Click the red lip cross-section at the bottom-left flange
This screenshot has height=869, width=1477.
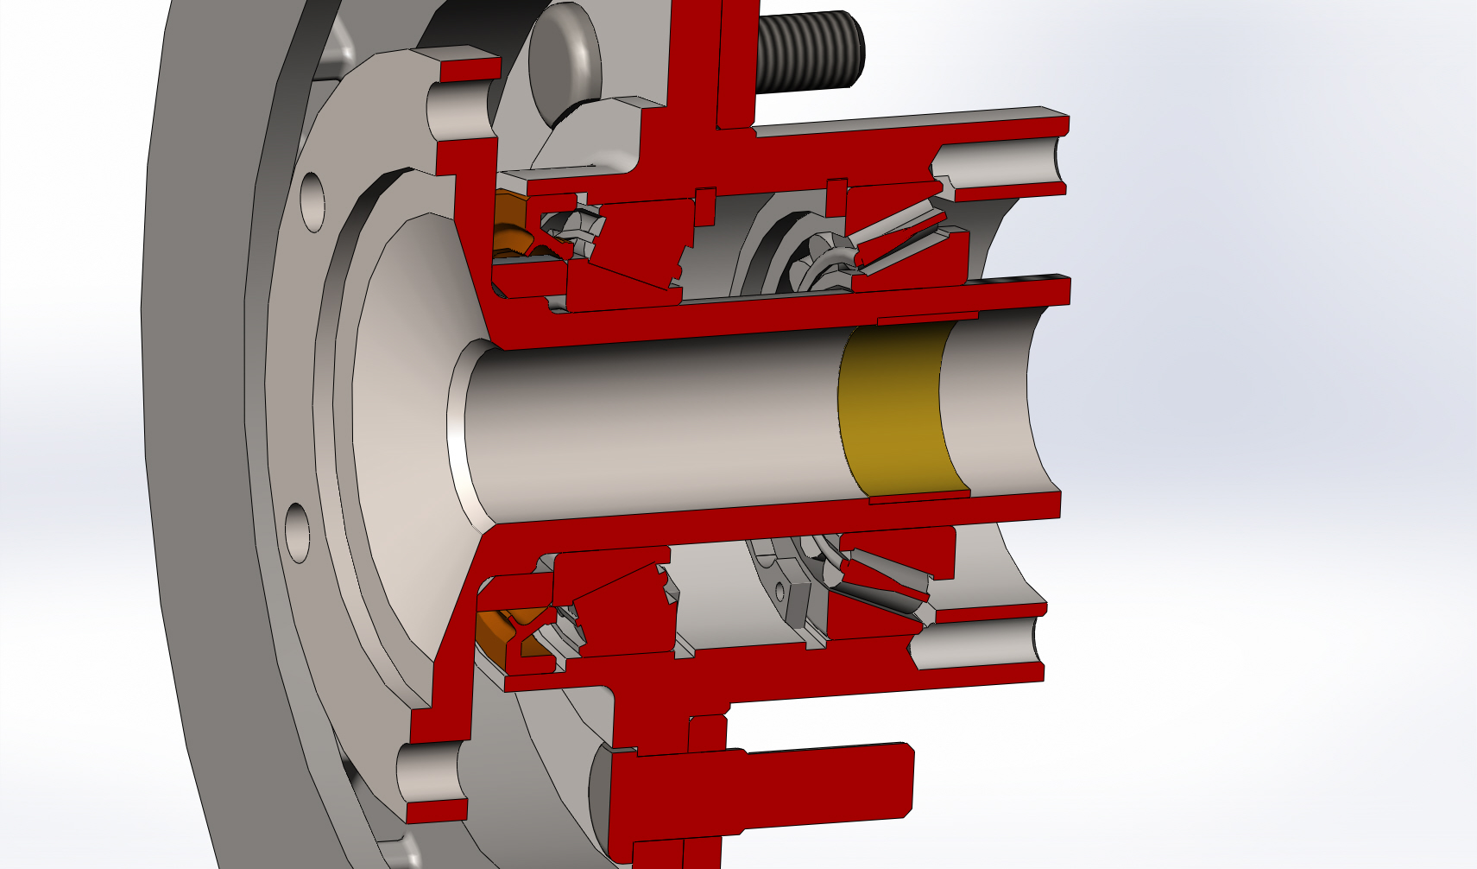tap(436, 811)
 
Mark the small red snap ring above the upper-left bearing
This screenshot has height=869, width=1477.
tap(705, 204)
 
